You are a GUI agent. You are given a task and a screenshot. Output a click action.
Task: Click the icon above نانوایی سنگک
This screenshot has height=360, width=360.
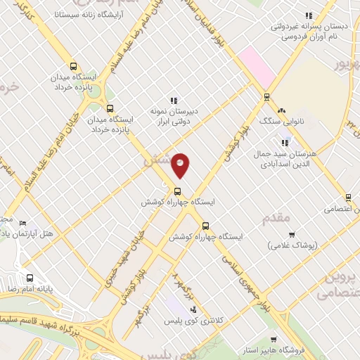[283, 110]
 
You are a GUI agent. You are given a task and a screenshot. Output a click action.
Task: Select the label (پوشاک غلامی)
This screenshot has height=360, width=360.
[292, 246]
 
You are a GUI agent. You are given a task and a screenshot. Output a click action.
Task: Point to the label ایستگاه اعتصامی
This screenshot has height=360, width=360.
[341, 209]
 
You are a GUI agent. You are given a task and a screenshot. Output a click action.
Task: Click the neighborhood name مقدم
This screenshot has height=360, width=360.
[276, 218]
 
